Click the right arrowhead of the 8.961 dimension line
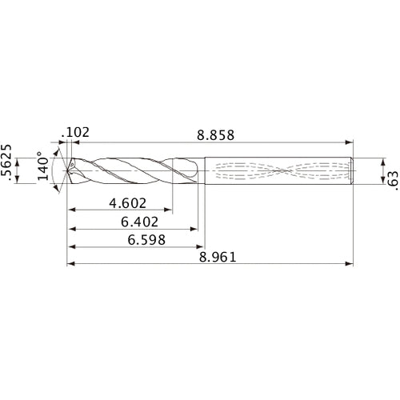point(350,263)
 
